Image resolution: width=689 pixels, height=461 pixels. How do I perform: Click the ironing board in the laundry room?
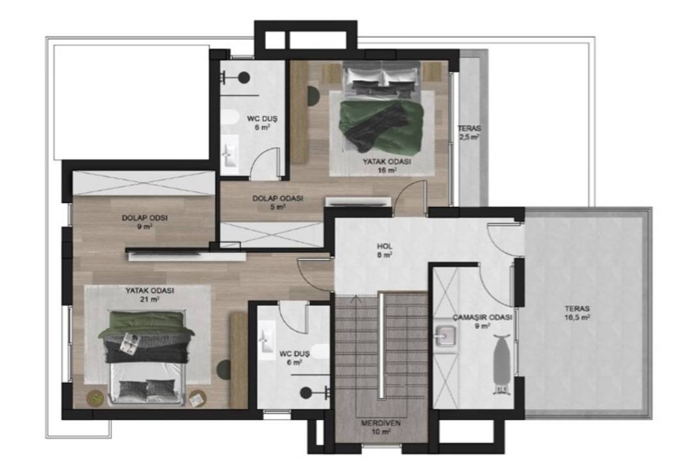501,364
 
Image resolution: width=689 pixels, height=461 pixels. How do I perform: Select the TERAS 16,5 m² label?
577,313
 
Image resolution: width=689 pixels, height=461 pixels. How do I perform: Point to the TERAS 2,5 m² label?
469,133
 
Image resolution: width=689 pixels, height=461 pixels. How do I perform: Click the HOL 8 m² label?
385,250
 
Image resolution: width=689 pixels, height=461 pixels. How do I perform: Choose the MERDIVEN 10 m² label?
381,427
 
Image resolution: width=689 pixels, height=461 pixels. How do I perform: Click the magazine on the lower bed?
130,343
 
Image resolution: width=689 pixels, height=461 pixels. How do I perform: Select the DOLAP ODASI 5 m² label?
278,202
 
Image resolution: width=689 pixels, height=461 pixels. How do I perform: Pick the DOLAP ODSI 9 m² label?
145,222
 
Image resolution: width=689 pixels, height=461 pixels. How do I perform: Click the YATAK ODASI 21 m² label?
149,295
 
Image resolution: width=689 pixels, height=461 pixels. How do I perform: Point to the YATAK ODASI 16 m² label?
386,166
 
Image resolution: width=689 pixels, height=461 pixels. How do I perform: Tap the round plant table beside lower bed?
95,398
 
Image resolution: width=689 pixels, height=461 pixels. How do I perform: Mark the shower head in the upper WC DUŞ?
236,77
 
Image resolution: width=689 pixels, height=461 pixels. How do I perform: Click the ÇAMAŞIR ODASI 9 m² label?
482,321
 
